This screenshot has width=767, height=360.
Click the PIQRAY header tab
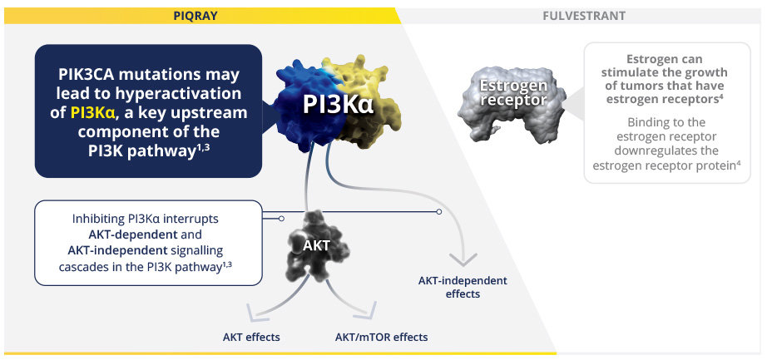195,16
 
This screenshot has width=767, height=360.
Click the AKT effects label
251,337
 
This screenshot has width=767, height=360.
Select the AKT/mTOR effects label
381,337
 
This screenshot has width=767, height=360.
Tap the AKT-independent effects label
463,287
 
